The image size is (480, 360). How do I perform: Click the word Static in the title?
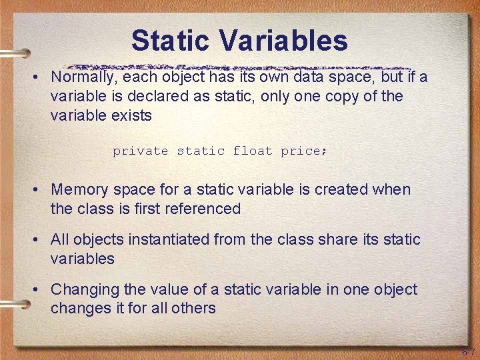[x=171, y=41]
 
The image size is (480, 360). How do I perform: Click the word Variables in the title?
[x=283, y=41]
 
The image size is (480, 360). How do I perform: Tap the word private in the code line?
[x=140, y=151]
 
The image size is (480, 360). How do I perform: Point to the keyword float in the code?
[x=253, y=151]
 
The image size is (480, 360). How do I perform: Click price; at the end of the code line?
[x=304, y=151]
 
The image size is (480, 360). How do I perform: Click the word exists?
[x=132, y=115]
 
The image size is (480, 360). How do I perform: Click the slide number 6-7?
[x=468, y=352]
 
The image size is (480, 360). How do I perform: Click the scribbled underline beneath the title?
[x=240, y=67]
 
